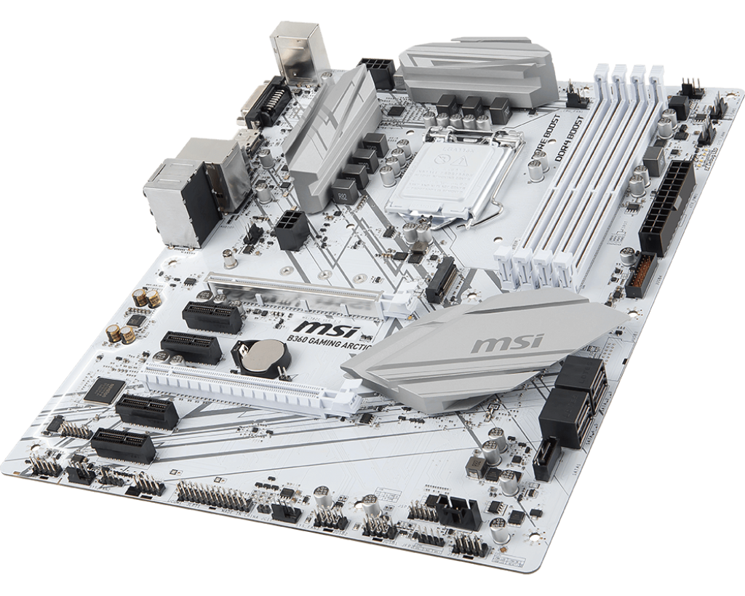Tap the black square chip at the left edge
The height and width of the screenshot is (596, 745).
pyautogui.click(x=100, y=391)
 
